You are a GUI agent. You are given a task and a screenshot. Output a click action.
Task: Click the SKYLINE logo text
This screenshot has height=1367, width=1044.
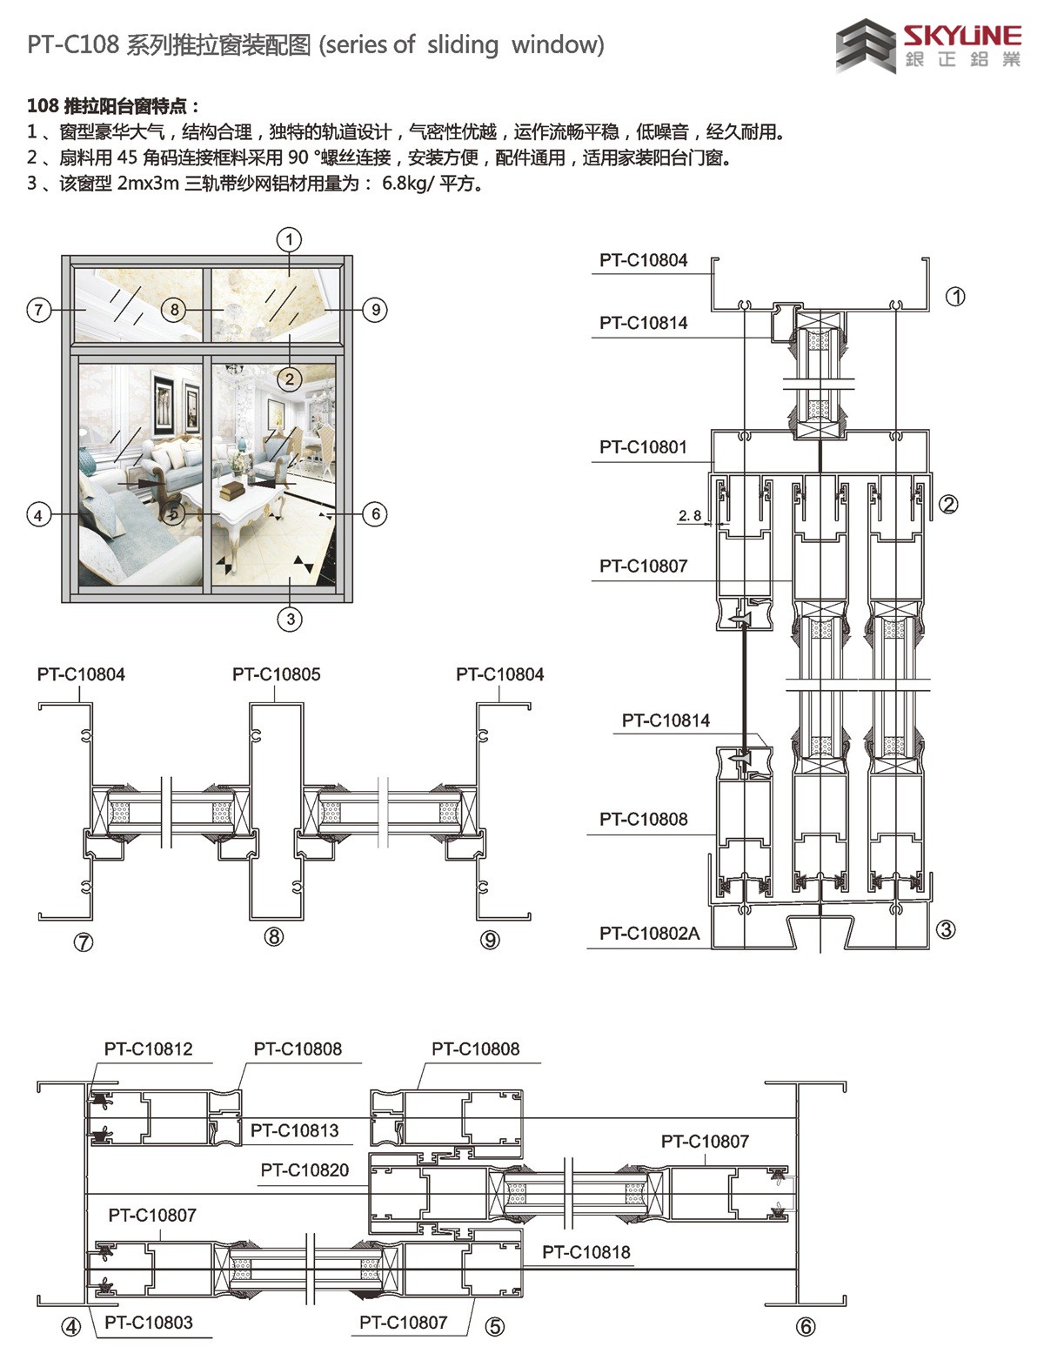961,36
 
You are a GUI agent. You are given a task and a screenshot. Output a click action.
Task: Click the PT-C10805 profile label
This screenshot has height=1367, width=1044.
276,674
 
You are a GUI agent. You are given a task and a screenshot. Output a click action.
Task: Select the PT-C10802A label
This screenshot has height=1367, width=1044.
649,934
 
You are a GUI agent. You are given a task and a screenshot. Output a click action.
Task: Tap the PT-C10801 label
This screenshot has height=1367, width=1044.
643,447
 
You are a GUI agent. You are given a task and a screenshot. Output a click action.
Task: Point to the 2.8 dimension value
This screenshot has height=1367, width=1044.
690,516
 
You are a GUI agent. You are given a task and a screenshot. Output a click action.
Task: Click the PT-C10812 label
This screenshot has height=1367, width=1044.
148,1049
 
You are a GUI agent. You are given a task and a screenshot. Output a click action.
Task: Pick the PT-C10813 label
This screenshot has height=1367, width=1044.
294,1130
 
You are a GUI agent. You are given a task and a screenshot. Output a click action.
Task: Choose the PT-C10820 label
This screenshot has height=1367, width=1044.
304,1170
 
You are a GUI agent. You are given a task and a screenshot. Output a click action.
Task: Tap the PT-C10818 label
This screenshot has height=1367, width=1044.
586,1252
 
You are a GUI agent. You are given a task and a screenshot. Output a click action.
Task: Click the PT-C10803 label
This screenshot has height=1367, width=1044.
148,1323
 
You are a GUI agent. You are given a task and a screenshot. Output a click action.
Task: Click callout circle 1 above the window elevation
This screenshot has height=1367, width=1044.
290,239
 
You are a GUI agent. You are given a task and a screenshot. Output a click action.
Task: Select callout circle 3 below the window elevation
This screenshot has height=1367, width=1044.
290,620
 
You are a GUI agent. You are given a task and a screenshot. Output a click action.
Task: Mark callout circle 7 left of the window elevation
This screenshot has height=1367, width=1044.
38,310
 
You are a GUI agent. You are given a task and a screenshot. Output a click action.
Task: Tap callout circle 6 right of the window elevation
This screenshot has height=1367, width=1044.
376,514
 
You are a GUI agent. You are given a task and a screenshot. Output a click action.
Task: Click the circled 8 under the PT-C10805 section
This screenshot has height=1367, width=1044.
274,937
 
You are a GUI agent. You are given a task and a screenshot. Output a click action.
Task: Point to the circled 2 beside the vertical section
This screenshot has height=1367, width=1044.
948,504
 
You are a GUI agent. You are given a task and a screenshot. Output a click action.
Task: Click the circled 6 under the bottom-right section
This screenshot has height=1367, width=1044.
806,1327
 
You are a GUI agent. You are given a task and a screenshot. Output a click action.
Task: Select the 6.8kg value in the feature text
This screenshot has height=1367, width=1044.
407,184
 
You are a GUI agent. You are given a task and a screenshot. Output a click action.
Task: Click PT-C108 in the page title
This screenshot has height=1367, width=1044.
72,45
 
